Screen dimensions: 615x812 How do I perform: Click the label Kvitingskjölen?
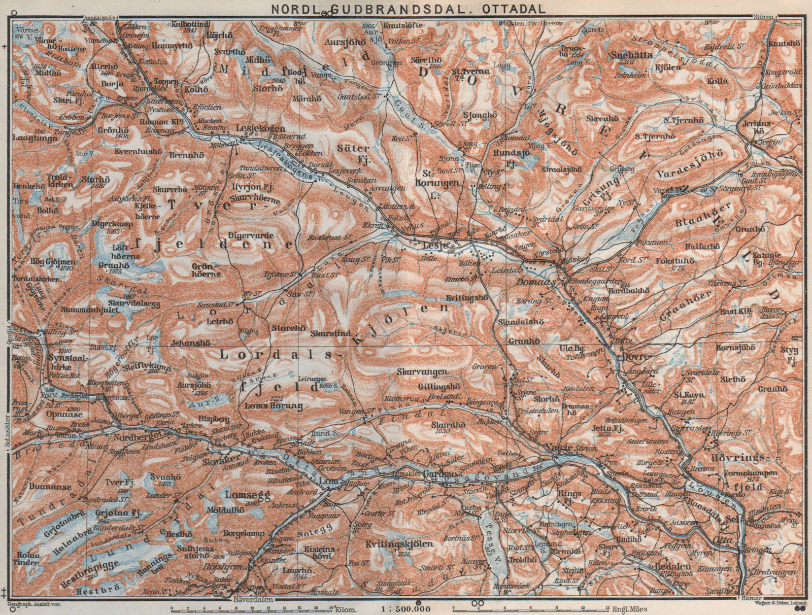[x=399, y=544]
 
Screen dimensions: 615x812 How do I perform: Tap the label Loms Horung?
[x=266, y=405]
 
